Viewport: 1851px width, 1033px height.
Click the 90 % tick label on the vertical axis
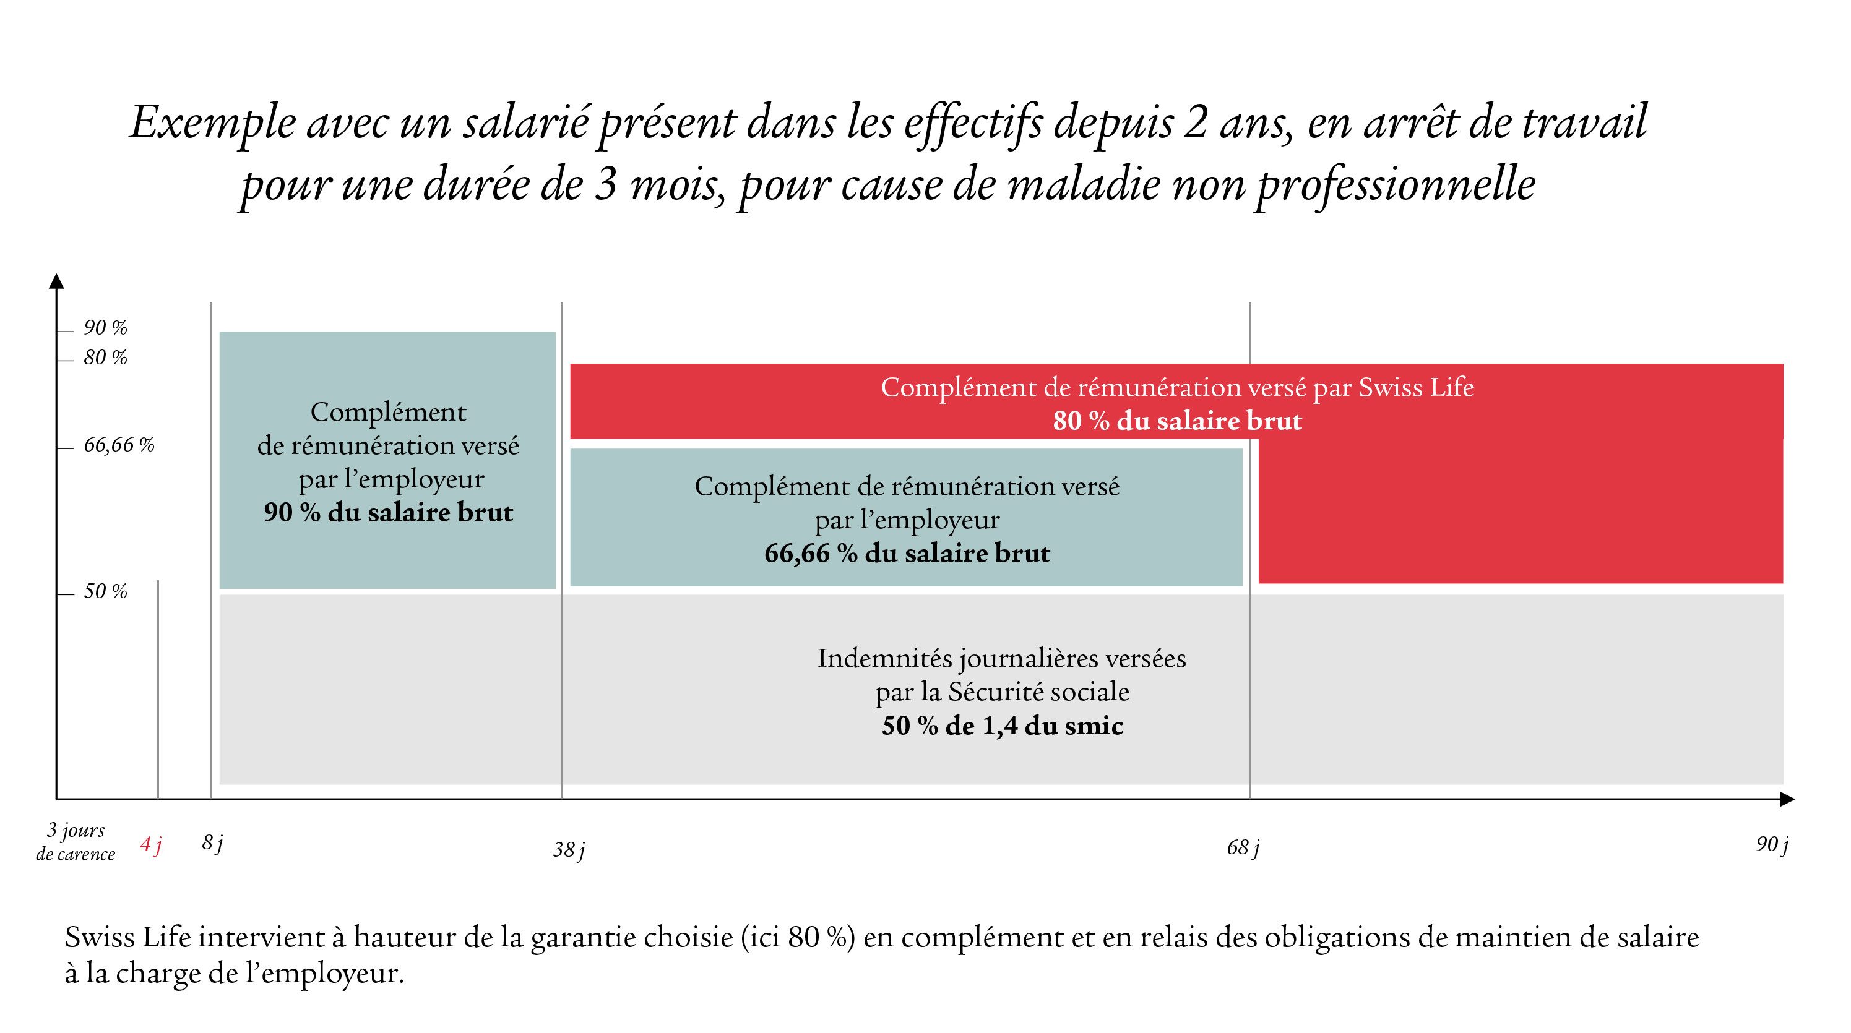105,328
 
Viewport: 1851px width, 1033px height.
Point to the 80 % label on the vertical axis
105,358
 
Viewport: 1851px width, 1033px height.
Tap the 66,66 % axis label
119,445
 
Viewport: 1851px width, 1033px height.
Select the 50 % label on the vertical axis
105,591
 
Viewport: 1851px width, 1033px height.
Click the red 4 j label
151,845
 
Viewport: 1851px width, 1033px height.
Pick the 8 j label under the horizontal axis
212,843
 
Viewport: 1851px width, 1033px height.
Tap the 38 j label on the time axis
568,851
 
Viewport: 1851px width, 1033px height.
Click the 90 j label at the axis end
1772,845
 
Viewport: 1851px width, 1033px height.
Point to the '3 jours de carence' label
76,842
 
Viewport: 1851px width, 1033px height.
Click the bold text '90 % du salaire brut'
388,513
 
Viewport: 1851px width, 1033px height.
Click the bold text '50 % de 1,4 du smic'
1003,726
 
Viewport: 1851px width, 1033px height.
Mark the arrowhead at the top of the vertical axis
56,281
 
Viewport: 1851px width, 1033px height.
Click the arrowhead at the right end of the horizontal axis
1787,799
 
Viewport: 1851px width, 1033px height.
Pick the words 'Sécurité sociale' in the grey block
1038,692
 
